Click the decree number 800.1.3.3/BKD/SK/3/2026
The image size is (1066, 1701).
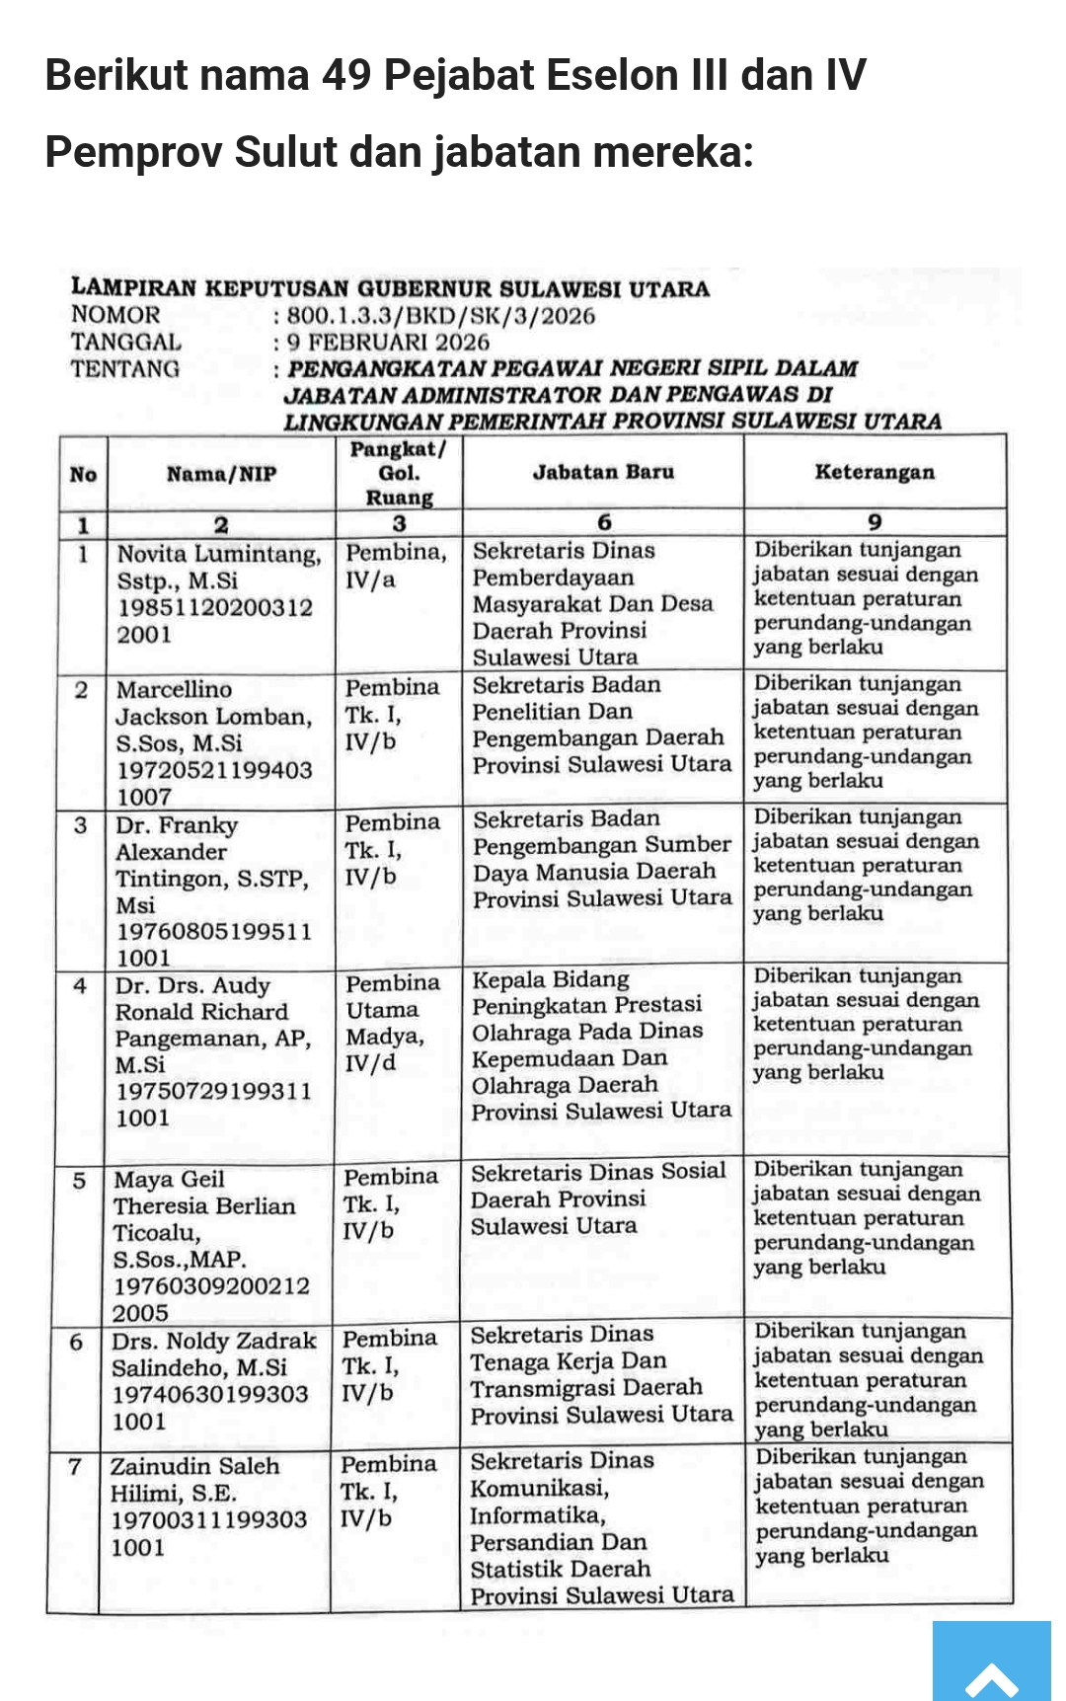point(441,316)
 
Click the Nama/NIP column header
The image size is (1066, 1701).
point(221,474)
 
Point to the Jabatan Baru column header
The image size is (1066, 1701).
point(603,472)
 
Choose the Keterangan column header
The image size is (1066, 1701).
point(875,472)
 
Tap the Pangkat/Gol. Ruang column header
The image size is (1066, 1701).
point(399,473)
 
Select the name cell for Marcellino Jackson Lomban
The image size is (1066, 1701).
point(213,742)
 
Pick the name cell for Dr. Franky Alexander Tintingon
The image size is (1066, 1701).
point(213,890)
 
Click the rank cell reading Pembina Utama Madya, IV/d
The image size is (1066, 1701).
point(385,1023)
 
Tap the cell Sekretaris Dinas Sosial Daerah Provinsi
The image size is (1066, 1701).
point(598,1198)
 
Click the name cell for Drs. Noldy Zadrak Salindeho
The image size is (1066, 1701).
point(212,1380)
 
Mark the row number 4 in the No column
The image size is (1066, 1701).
point(80,986)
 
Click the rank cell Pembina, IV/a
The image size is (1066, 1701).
point(396,566)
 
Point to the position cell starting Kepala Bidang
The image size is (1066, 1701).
point(601,1044)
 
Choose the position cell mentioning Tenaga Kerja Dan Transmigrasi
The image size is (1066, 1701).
point(600,1374)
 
